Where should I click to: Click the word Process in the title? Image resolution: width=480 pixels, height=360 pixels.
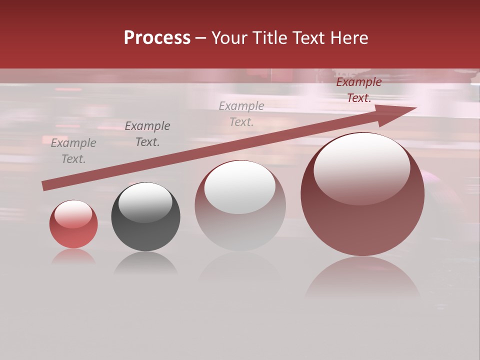click(x=157, y=38)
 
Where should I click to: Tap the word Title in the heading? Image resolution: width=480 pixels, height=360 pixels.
click(x=269, y=38)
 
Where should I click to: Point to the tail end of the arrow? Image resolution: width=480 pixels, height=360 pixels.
click(x=45, y=185)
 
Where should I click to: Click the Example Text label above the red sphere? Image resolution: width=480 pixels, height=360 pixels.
click(x=73, y=151)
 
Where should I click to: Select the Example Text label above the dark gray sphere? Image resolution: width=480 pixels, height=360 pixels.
click(x=147, y=134)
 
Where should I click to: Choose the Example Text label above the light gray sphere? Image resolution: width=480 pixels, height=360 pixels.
click(x=241, y=113)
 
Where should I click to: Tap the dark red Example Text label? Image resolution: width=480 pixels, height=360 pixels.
click(x=359, y=90)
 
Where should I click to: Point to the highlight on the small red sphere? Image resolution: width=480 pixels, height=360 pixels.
click(x=73, y=214)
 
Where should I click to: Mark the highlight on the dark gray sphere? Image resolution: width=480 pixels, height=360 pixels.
click(x=145, y=203)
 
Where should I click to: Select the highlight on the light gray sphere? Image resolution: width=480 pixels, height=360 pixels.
click(x=240, y=187)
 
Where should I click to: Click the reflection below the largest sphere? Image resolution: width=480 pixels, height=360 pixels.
click(x=362, y=277)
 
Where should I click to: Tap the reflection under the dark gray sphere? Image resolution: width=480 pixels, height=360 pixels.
click(x=145, y=262)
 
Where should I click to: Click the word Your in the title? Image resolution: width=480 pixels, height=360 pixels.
click(x=230, y=38)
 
